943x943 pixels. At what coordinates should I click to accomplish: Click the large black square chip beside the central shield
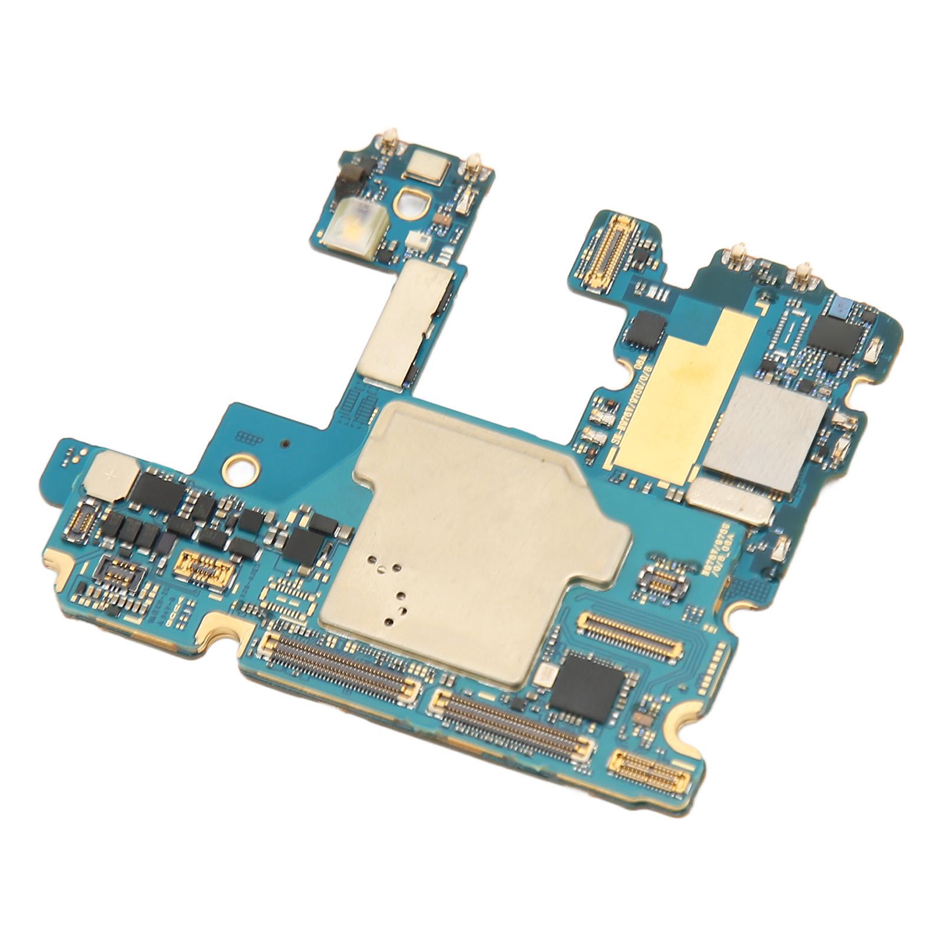(586, 688)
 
